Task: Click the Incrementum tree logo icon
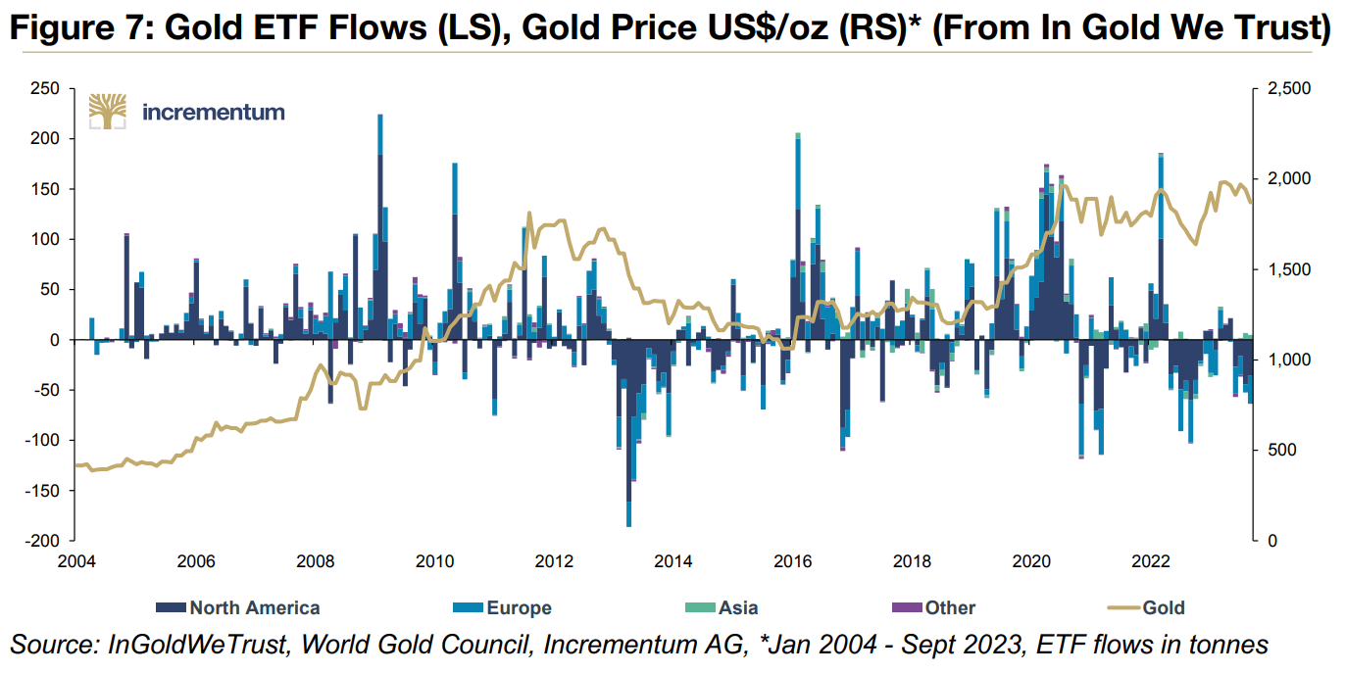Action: click(108, 111)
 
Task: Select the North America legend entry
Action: click(254, 607)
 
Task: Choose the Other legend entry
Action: click(949, 607)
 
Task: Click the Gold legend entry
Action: click(1163, 607)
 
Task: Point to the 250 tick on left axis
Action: click(47, 89)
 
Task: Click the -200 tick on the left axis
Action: click(44, 541)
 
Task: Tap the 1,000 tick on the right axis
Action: click(1281, 361)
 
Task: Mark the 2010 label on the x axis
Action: click(434, 562)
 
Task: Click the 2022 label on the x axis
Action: click(1151, 562)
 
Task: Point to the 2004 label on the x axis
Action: click(76, 562)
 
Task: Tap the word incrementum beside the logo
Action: click(214, 112)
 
